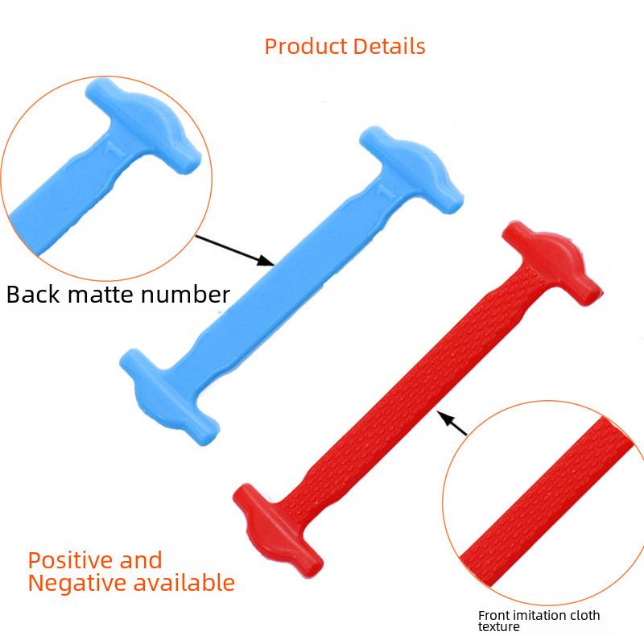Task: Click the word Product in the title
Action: [x=306, y=47]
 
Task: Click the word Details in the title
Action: [x=389, y=47]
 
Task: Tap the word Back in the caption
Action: [x=33, y=295]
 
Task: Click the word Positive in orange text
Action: [x=71, y=561]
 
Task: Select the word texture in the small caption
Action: [x=498, y=627]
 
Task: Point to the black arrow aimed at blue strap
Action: [x=234, y=250]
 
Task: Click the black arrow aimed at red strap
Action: [x=452, y=423]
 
